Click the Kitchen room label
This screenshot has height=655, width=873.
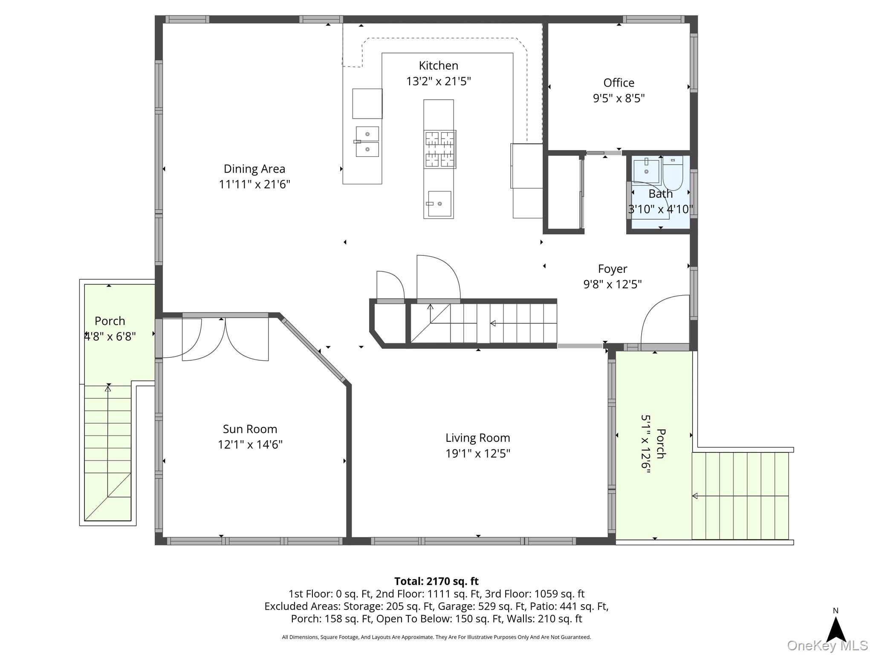coord(438,66)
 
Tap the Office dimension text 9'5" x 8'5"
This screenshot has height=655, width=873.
coord(619,99)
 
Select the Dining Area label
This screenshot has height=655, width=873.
coord(254,169)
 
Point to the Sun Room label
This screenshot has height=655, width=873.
coord(250,429)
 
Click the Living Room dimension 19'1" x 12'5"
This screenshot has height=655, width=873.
coord(478,453)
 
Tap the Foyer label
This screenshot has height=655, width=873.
coord(613,269)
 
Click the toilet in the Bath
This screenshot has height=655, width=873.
coord(673,173)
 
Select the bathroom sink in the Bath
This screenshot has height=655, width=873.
coord(646,171)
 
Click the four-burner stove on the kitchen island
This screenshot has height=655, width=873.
coord(440,149)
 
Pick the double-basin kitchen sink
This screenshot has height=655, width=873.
coord(367,142)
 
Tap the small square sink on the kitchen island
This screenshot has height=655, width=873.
coord(439,204)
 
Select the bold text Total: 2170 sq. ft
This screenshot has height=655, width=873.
coord(436,581)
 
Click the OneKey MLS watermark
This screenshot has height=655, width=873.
coord(827,646)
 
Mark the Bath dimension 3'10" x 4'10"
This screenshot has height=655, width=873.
coord(660,209)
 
